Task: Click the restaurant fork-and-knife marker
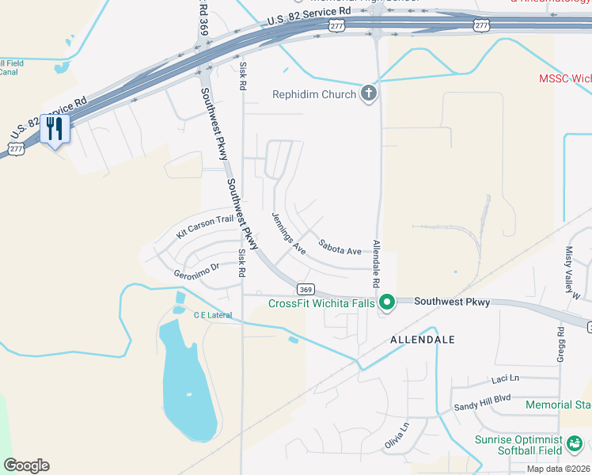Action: [x=55, y=128]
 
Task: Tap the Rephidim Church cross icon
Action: [x=368, y=94]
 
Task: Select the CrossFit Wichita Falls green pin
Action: [x=387, y=302]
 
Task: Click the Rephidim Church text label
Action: [x=314, y=95]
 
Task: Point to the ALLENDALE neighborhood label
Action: [x=423, y=340]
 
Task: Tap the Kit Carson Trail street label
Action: [x=205, y=227]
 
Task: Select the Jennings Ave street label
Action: [x=289, y=233]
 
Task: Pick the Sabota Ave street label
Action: [x=340, y=247]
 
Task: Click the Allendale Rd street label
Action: [x=376, y=264]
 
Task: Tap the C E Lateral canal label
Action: [x=213, y=315]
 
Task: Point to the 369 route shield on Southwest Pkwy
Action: [x=306, y=289]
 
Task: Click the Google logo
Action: [x=26, y=465]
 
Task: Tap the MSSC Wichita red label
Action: [x=564, y=79]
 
